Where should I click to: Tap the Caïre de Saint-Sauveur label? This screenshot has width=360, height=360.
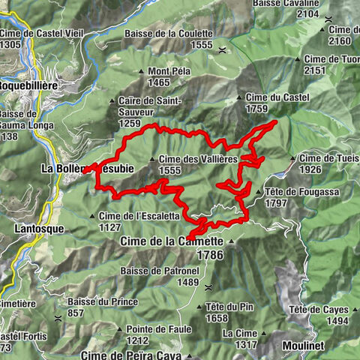(150, 100)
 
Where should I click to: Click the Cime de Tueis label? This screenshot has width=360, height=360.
(329, 158)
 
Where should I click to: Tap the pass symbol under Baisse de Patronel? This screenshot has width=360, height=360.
(208, 286)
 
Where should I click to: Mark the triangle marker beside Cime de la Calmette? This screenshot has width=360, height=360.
(231, 241)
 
